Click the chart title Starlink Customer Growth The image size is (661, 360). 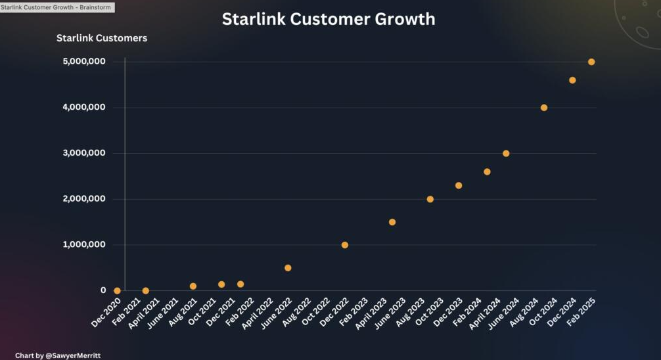click(329, 19)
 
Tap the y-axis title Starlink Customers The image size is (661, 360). click(102, 38)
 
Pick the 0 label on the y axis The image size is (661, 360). click(103, 290)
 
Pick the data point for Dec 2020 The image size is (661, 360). click(117, 290)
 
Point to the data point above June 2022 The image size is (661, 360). click(288, 268)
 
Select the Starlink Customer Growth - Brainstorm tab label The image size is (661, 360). click(57, 7)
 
